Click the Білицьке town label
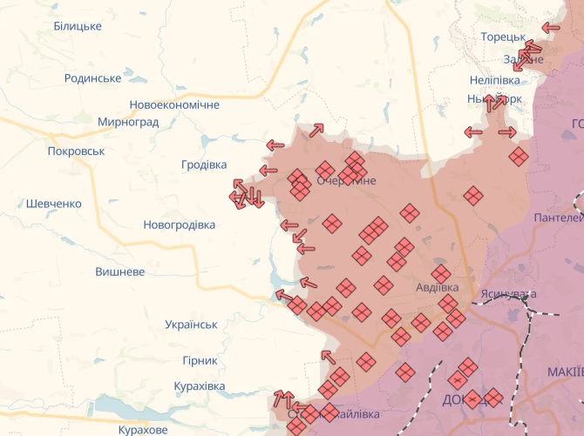coord(78,26)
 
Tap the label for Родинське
coord(92,78)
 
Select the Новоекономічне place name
coord(174,104)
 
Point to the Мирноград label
coord(129,122)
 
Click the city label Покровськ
coord(76,151)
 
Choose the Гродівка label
coord(204,164)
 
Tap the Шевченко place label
coord(53,204)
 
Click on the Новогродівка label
coord(179,225)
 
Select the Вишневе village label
coord(119,272)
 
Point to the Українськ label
coord(191,325)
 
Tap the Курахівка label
coord(199,386)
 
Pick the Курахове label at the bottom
coord(143,430)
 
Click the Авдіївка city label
coord(437,287)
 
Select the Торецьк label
coord(503,37)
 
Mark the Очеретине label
coord(347,180)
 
